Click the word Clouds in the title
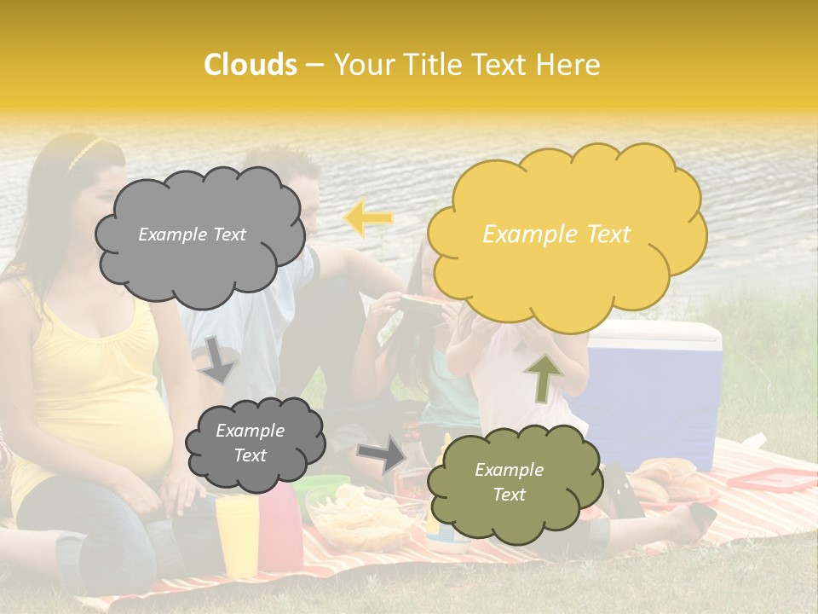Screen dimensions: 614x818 251,65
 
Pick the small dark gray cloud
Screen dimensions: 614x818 255,443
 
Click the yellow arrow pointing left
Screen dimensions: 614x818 369,218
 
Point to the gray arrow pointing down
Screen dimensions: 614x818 219,359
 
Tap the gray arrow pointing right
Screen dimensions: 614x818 382,455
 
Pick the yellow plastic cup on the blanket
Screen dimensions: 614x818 237,533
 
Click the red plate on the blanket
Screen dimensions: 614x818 771,480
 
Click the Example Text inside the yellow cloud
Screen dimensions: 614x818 556,235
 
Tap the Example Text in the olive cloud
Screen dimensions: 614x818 509,482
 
